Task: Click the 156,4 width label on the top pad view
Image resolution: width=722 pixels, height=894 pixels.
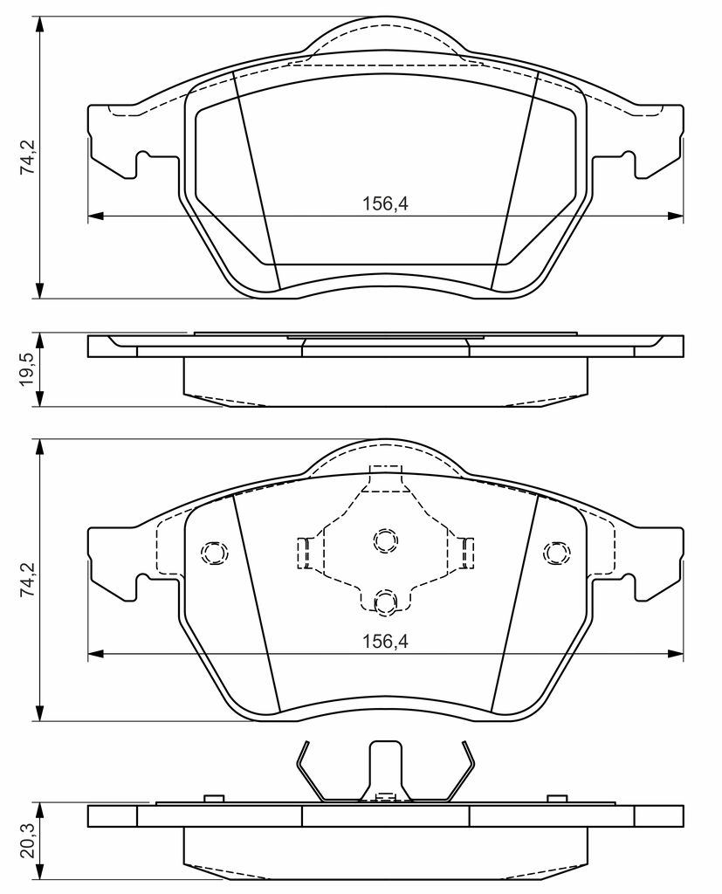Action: point(386,203)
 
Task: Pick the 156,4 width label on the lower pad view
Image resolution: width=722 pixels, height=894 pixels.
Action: point(386,642)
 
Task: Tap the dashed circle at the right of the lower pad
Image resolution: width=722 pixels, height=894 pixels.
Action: point(557,553)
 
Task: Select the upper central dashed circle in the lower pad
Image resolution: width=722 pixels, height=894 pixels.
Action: point(386,540)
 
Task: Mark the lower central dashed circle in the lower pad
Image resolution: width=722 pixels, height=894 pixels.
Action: point(386,602)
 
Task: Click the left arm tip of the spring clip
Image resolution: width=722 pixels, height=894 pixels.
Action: point(306,742)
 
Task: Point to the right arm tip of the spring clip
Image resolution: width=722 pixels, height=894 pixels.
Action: point(464,742)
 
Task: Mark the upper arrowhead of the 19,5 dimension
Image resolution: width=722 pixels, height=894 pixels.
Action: point(39,341)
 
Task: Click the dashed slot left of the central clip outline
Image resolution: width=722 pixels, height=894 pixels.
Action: point(303,553)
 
